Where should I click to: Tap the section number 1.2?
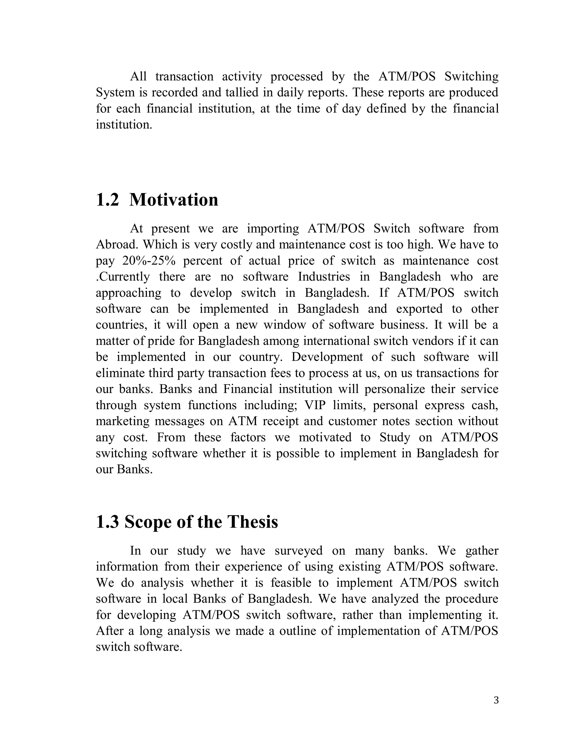click(x=108, y=200)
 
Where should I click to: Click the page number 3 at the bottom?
click(x=496, y=700)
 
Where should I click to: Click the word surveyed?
click(x=298, y=551)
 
